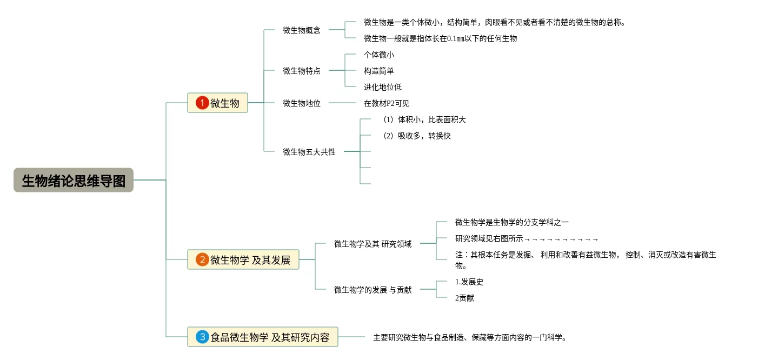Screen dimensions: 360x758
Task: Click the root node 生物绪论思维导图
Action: click(74, 180)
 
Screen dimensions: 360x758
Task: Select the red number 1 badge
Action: click(202, 103)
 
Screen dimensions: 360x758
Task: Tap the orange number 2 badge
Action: click(202, 260)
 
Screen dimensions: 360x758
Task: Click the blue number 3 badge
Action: click(202, 337)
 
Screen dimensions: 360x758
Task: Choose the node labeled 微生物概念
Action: click(301, 30)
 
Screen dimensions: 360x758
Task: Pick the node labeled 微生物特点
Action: click(301, 71)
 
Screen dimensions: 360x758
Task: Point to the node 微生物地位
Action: click(301, 103)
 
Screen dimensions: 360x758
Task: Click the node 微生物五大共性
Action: click(309, 152)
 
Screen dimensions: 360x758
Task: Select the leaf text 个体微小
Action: click(379, 55)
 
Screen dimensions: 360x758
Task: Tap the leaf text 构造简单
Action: click(379, 71)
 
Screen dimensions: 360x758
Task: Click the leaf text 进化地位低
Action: click(383, 87)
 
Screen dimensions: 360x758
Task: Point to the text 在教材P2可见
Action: click(387, 103)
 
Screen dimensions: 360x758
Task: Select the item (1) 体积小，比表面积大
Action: click(424, 119)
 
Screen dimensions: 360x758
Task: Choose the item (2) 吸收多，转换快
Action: click(416, 136)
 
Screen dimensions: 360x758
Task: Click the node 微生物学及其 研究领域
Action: click(373, 244)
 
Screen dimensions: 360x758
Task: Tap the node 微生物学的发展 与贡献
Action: click(373, 290)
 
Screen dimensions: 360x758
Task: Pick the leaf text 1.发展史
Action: click(469, 282)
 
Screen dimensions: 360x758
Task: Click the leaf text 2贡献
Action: click(464, 298)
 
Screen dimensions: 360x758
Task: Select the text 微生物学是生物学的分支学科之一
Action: click(511, 222)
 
